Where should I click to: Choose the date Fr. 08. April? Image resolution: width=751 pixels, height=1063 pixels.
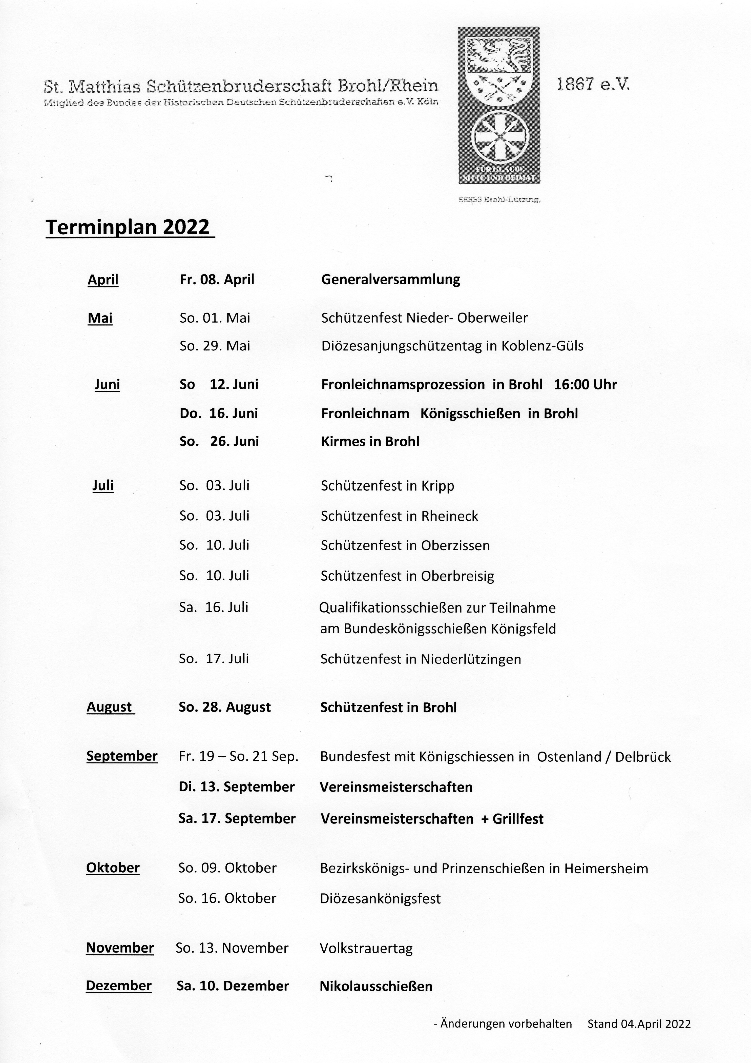217,280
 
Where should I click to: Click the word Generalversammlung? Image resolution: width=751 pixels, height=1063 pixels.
390,280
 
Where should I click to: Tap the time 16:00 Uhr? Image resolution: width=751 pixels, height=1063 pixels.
585,385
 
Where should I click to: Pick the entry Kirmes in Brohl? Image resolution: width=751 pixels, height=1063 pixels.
370,441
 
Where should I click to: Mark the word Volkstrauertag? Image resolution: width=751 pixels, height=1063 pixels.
366,949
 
